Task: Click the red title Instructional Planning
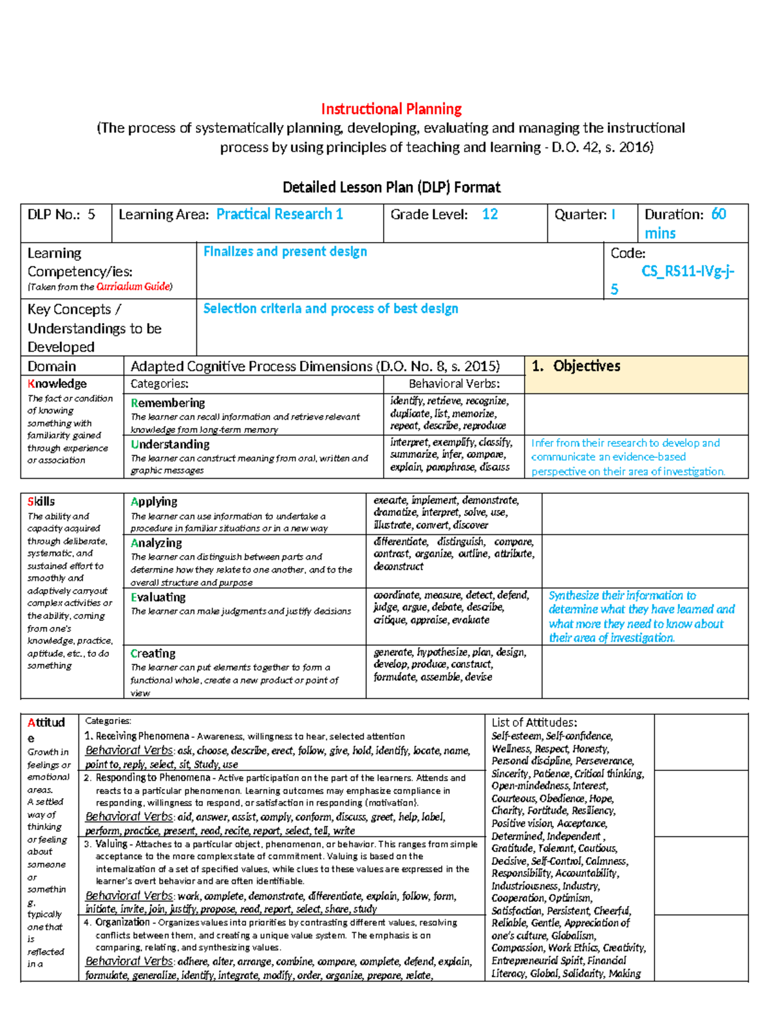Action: pos(391,109)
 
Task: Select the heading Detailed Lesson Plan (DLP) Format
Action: pos(391,188)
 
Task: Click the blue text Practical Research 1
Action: pos(279,215)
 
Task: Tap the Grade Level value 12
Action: pos(489,215)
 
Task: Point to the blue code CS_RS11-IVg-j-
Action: pos(688,271)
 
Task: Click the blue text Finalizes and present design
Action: pos(285,252)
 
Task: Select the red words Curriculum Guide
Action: pos(133,287)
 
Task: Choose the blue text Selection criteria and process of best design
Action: pos(330,309)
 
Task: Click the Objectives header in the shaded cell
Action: pos(586,367)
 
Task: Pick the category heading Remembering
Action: pos(168,403)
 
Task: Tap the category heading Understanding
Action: pos(170,444)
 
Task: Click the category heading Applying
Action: pos(154,502)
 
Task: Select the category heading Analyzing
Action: pos(157,543)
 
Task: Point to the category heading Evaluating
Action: pos(158,597)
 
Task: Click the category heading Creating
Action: pos(153,654)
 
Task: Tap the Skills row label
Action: pos(41,502)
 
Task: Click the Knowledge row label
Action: pos(57,384)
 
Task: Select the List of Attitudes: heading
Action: pos(534,722)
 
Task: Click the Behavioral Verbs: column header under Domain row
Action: pos(454,384)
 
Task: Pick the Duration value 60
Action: pos(718,215)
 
